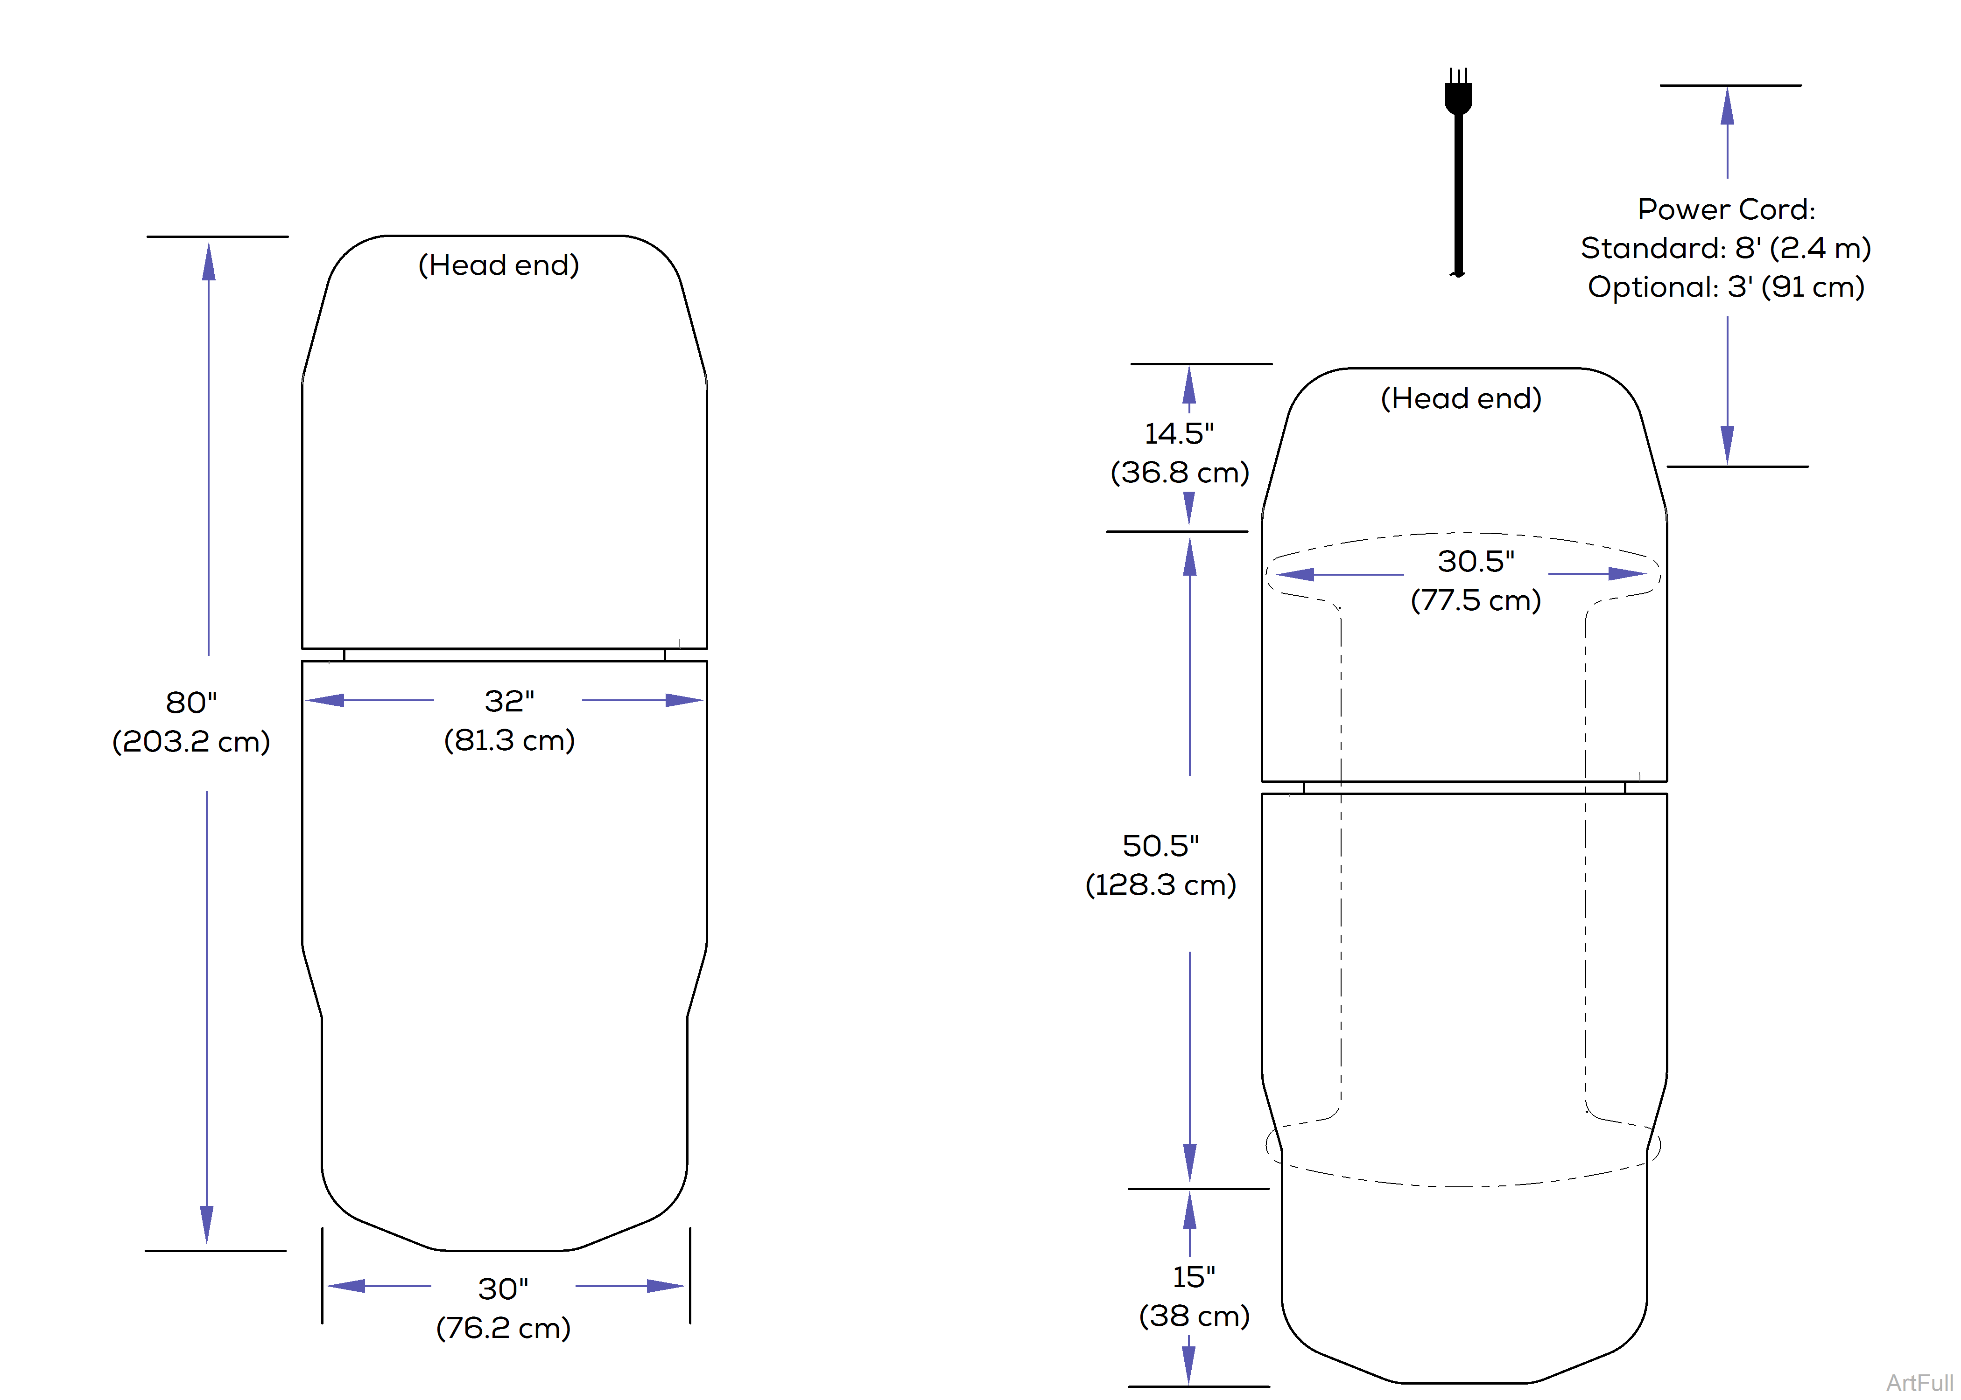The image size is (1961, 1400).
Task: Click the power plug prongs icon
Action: pyautogui.click(x=1458, y=91)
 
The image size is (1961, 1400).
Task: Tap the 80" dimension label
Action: pyautogui.click(x=191, y=703)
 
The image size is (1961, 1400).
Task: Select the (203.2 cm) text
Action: pyautogui.click(x=191, y=741)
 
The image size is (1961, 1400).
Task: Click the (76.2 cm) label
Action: pyautogui.click(x=504, y=1328)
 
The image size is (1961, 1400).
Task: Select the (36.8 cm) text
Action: pyautogui.click(x=1180, y=473)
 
